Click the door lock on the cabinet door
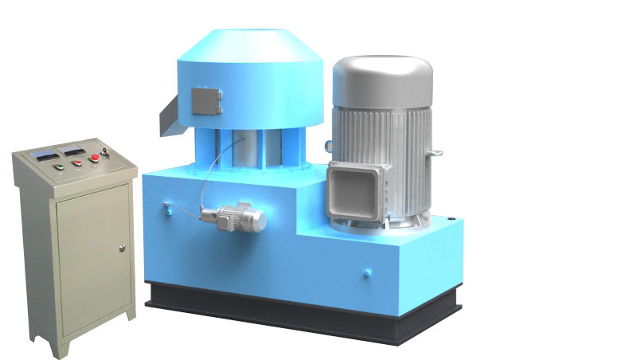(122, 248)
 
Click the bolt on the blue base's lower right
(367, 273)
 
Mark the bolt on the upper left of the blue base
(167, 209)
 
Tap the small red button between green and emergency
(77, 163)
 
